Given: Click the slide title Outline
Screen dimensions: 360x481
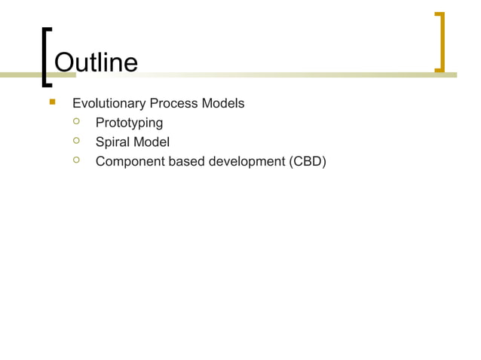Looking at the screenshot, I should click(x=96, y=63).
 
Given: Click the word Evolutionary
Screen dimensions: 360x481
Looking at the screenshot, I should click(x=108, y=103).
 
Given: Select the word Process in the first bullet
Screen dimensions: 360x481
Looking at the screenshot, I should click(x=173, y=103).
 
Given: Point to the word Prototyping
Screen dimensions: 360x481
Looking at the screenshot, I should click(x=129, y=123).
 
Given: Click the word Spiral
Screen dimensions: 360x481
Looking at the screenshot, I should click(x=112, y=142).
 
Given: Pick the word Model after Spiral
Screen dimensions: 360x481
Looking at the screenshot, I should click(x=152, y=142).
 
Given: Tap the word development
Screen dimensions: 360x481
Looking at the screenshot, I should click(x=249, y=160).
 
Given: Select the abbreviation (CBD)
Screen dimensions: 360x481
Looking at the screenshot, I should click(x=308, y=160).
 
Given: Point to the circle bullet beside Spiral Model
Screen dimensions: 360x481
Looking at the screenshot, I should click(x=76, y=141).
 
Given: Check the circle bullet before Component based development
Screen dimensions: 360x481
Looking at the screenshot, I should click(x=76, y=160).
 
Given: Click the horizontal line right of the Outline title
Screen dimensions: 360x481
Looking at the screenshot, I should click(x=286, y=75).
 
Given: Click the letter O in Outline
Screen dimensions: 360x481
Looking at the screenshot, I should click(x=66, y=63).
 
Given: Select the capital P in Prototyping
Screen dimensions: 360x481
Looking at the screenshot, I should click(x=100, y=123).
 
